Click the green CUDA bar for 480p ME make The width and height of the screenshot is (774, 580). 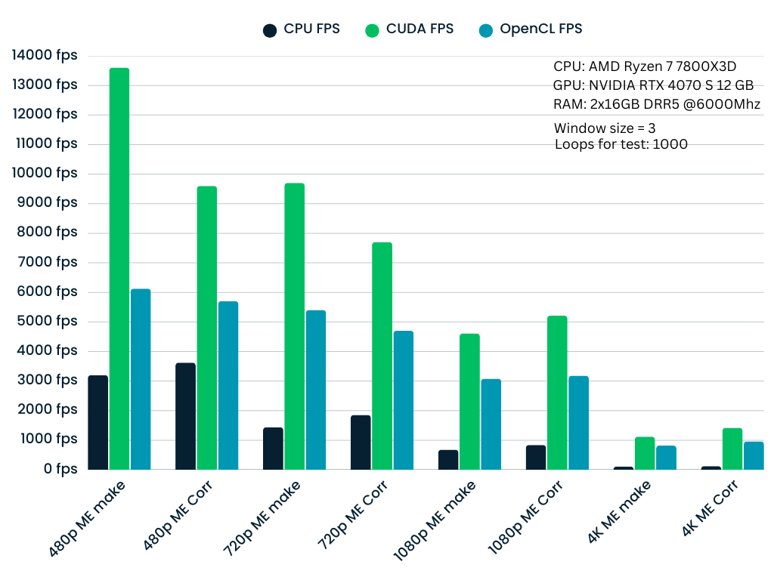[x=119, y=268]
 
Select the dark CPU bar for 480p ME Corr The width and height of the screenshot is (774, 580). [x=185, y=416]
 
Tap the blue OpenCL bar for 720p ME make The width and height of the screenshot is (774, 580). [x=316, y=390]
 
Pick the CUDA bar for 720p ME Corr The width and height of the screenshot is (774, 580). [x=382, y=356]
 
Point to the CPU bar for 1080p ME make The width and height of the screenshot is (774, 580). [x=448, y=460]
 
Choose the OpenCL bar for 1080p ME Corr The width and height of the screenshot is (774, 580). [x=578, y=423]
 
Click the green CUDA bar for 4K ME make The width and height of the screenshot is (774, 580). [x=645, y=453]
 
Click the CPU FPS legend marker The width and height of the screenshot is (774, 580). [x=270, y=30]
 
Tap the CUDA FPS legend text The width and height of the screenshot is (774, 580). [x=420, y=29]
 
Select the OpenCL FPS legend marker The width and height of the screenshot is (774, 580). [x=486, y=30]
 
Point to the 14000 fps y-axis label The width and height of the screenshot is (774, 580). [x=45, y=55]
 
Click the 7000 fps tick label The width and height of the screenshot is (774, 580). [x=48, y=262]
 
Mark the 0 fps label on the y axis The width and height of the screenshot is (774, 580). [x=60, y=469]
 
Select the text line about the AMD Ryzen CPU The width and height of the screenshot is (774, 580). [x=645, y=66]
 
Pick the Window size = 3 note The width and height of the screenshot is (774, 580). [x=605, y=128]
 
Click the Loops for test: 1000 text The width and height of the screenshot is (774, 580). [x=621, y=144]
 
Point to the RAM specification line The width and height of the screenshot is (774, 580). [x=656, y=104]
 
